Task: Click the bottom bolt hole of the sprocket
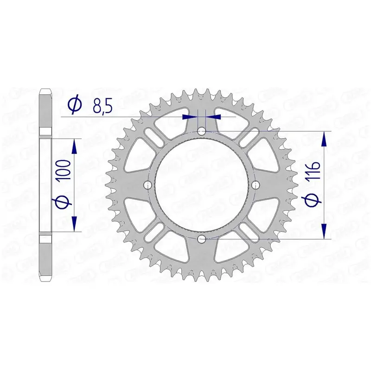[202, 239]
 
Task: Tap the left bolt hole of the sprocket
[148, 185]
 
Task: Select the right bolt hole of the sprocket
[256, 185]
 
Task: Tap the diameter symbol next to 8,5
[75, 105]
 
